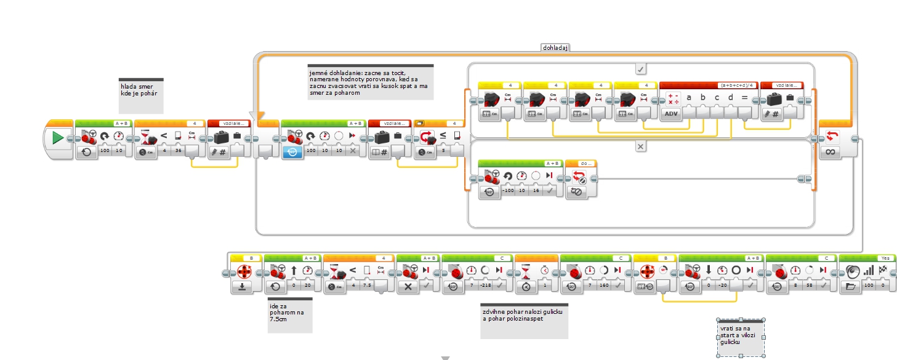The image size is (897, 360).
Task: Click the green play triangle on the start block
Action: click(58, 138)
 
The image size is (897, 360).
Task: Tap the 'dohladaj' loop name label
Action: click(555, 47)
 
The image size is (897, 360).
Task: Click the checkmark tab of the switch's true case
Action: click(640, 68)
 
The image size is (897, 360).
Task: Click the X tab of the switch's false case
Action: click(640, 146)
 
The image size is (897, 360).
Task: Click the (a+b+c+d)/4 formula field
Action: click(731, 85)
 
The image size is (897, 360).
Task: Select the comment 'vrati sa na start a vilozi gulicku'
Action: click(741, 337)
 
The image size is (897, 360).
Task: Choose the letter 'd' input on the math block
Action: click(731, 97)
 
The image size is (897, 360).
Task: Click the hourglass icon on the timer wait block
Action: click(527, 271)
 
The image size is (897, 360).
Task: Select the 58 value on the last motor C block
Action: click(810, 286)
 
